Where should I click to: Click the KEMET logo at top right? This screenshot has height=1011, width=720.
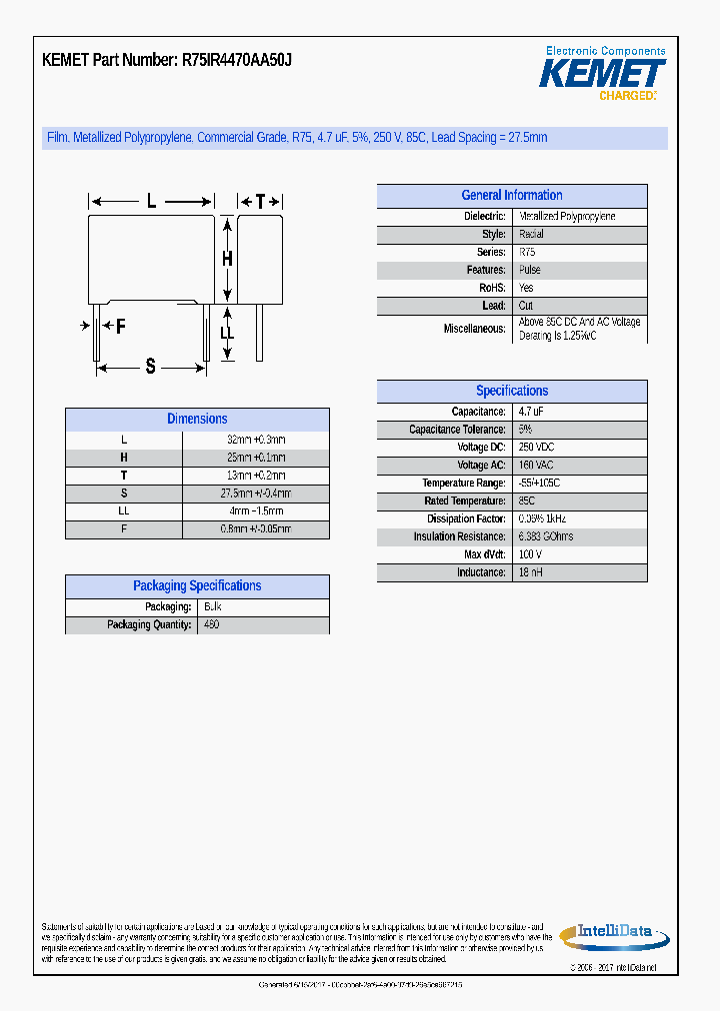click(602, 73)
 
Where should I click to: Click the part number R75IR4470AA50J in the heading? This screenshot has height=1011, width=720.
click(237, 60)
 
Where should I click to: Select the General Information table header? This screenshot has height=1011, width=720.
click(511, 196)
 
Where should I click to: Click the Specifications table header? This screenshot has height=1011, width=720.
click(511, 392)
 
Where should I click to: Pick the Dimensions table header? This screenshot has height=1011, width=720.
click(197, 420)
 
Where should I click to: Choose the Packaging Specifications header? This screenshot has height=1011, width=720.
click(197, 586)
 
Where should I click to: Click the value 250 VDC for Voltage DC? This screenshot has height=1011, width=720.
click(536, 448)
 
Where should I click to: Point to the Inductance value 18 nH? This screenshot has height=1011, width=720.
click(531, 572)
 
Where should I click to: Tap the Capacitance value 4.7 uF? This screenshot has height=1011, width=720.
click(531, 412)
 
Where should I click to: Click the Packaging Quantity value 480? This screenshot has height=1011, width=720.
click(211, 625)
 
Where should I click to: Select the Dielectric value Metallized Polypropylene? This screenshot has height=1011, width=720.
click(567, 217)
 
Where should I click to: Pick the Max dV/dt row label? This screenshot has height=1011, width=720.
click(484, 554)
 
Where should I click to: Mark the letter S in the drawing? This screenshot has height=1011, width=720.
click(151, 367)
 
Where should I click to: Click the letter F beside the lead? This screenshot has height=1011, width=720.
click(120, 327)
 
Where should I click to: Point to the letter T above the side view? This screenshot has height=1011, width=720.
click(260, 202)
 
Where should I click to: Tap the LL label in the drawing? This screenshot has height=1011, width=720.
click(227, 333)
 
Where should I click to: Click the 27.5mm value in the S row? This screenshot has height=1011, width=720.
click(255, 494)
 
